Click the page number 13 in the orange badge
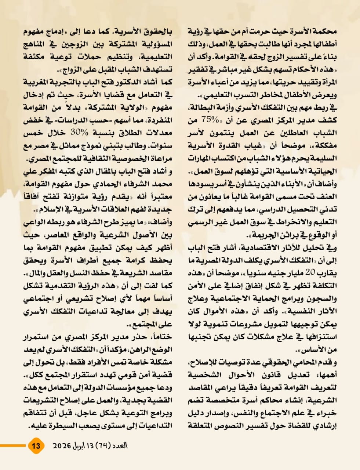click(x=36, y=446)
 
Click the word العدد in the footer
click(x=120, y=446)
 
